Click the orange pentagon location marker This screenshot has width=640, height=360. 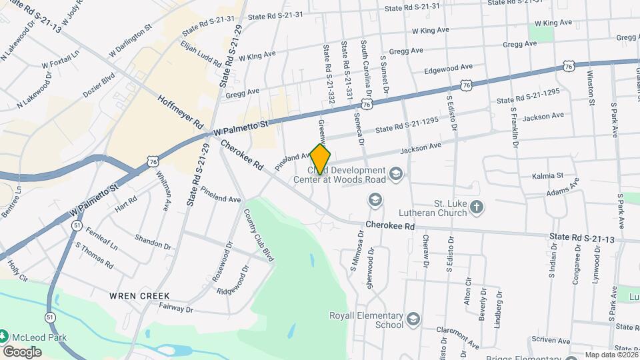point(321,159)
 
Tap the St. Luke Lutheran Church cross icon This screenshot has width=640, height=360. point(476,207)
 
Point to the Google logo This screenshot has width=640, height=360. point(22,351)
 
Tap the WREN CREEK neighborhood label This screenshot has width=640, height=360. point(141,295)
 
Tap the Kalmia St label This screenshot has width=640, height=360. point(548,176)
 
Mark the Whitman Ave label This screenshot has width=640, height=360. point(163,190)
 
